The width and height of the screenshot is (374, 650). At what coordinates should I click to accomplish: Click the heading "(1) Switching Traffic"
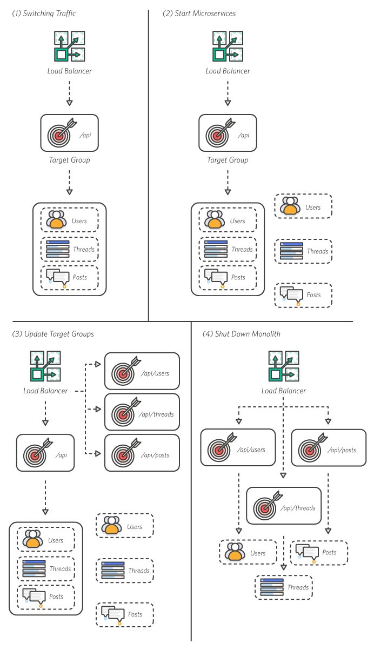pos(43,13)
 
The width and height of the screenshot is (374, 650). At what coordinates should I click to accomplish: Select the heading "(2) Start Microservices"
pos(199,13)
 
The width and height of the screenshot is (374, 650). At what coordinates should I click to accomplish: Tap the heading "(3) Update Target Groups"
pos(53,334)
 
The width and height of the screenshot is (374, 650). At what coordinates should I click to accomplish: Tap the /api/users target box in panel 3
pos(142,371)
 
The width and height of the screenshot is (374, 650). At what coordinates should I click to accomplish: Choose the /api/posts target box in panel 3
pos(142,453)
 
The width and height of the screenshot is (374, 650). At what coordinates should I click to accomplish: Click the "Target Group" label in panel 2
pos(228,160)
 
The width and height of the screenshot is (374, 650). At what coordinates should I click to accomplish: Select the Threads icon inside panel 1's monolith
pos(57,249)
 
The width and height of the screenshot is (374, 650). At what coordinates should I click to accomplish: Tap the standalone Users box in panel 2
pos(303,206)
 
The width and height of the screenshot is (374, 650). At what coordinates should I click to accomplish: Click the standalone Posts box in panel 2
pos(303,295)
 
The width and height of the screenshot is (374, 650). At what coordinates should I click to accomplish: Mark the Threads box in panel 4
pos(284,587)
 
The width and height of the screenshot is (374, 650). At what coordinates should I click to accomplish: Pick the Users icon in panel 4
pos(235,552)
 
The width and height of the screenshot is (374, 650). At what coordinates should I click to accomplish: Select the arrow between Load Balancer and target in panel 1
pos(69,93)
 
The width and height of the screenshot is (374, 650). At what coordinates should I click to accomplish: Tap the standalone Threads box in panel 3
pos(125,570)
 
